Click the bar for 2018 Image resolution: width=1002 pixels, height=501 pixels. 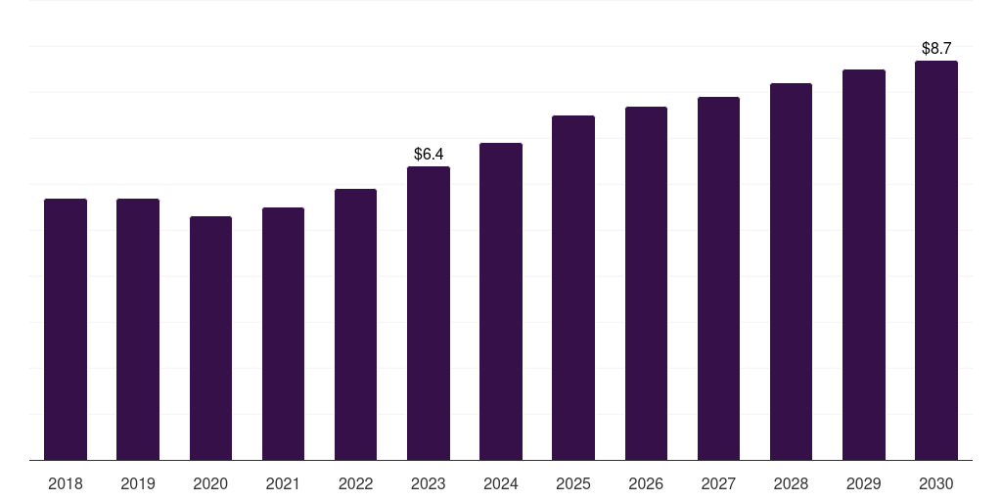(x=66, y=329)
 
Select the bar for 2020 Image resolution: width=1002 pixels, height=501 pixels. (x=210, y=338)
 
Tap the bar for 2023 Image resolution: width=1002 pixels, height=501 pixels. (x=429, y=313)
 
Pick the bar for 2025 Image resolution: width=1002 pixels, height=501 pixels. (x=573, y=288)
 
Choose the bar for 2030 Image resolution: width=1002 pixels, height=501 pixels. (x=935, y=260)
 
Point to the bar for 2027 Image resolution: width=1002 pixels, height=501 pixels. (x=718, y=278)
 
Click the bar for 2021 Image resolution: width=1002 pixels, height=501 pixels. (x=283, y=334)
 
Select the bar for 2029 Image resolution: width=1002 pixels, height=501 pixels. (x=863, y=264)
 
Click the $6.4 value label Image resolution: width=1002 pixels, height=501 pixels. (x=429, y=154)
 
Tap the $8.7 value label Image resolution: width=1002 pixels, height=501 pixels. (x=936, y=48)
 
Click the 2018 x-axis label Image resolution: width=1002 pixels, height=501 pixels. (x=66, y=483)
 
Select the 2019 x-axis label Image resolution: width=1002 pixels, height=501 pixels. (x=138, y=483)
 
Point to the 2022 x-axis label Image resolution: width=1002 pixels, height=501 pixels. (x=355, y=483)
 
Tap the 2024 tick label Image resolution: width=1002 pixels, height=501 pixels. (x=501, y=483)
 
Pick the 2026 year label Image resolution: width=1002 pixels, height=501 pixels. (x=646, y=483)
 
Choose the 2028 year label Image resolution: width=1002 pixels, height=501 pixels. (x=791, y=483)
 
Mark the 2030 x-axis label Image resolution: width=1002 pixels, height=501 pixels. (x=935, y=483)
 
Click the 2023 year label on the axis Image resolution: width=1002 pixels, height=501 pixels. (x=429, y=483)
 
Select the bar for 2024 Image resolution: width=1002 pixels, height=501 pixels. (x=501, y=301)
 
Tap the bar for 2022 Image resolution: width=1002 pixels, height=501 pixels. (x=355, y=324)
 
